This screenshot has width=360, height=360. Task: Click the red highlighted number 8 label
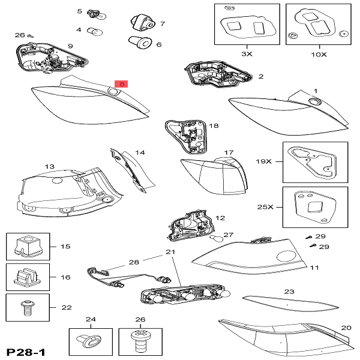pyautogui.click(x=121, y=85)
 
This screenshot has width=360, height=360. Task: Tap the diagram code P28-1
pyautogui.click(x=27, y=350)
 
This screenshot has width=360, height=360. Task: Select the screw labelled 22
pyautogui.click(x=27, y=307)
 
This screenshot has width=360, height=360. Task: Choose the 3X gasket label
pyautogui.click(x=247, y=54)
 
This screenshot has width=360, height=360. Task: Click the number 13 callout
pyautogui.click(x=49, y=166)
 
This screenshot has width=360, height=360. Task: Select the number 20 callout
pyautogui.click(x=346, y=328)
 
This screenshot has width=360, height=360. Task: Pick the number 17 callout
pyautogui.click(x=228, y=153)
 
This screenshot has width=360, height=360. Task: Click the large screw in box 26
pyautogui.click(x=140, y=343)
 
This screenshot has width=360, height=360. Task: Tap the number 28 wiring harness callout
pyautogui.click(x=133, y=262)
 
